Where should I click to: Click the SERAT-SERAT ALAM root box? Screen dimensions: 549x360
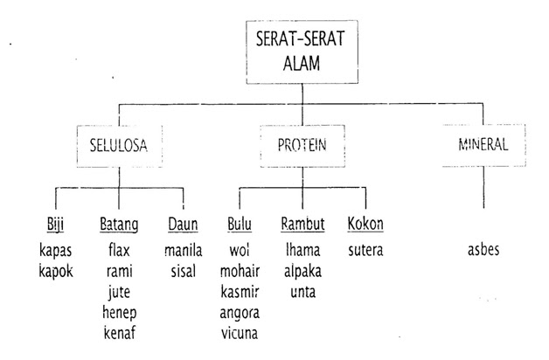coord(302,52)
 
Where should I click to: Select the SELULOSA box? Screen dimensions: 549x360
coord(120,146)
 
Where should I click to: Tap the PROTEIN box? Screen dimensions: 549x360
coord(302,146)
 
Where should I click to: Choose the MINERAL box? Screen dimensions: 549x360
coord(483,145)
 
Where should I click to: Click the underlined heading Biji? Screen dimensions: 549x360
coord(55,225)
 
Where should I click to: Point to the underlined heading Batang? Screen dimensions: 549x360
coord(119,225)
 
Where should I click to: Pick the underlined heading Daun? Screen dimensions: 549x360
coord(183,225)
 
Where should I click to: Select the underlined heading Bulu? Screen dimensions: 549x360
coord(240,224)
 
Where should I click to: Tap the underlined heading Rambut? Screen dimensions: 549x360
coord(302,224)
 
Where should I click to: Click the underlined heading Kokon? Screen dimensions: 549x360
coord(365,224)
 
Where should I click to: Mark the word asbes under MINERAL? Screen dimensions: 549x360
coord(483,250)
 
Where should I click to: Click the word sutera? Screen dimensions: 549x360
coord(365,250)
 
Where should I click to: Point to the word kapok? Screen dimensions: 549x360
coord(56,272)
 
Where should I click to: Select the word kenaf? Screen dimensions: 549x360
coord(120,333)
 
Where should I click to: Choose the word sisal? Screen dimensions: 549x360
coord(183,272)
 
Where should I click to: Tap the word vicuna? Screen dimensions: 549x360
coord(240,333)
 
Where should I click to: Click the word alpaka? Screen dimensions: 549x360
coord(302,272)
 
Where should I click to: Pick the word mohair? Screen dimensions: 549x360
coord(240,271)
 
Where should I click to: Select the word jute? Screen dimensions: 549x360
coord(119,293)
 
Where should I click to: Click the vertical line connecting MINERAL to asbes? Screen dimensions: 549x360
coord(483,187)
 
